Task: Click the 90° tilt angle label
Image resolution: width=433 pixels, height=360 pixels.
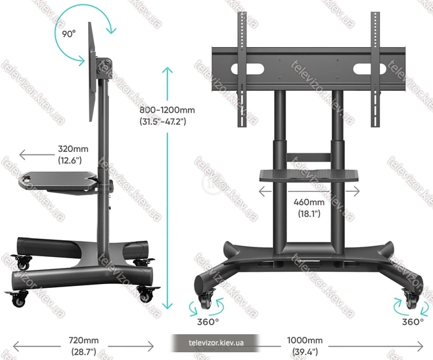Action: (x=68, y=34)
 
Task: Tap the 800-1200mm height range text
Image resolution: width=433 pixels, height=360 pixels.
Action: (x=167, y=115)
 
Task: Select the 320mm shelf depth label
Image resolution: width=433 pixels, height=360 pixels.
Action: (x=73, y=155)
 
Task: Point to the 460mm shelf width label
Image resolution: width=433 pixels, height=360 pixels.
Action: (x=309, y=207)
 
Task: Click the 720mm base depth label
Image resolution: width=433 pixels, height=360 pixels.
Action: (x=84, y=346)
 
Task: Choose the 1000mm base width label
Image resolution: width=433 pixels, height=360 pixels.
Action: (x=305, y=346)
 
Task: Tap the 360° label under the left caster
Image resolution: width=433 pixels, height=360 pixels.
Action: (x=208, y=322)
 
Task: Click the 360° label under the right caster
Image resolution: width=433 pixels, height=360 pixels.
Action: (x=412, y=322)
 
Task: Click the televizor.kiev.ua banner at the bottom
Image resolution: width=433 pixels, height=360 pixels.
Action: (x=216, y=343)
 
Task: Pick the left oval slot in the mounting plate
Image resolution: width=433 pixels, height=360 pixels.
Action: (x=248, y=69)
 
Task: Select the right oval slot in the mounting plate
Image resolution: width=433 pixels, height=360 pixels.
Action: (x=369, y=69)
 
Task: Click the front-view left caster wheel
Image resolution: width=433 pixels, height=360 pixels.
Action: (x=205, y=301)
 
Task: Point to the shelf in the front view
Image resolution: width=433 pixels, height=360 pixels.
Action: (x=309, y=175)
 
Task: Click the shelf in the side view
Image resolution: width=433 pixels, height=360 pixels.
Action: (x=59, y=182)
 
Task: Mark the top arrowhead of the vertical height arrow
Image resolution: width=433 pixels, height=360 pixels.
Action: (x=167, y=70)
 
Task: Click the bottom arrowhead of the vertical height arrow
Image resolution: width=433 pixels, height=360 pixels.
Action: (x=167, y=305)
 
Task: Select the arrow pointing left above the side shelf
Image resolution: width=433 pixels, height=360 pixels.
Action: (x=37, y=155)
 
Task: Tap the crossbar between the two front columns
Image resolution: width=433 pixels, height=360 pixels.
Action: (x=308, y=157)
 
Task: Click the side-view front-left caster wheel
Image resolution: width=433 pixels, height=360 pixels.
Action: (x=19, y=299)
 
